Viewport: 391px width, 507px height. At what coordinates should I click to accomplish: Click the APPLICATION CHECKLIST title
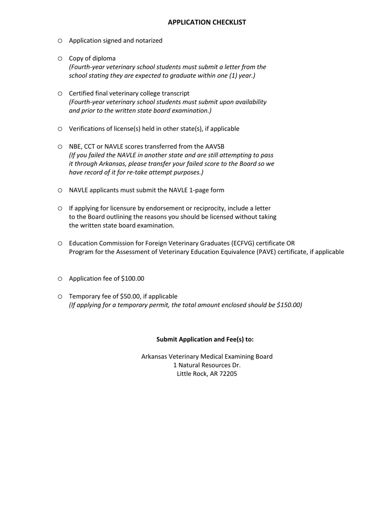207,22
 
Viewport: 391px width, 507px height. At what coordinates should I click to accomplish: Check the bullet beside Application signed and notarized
60,40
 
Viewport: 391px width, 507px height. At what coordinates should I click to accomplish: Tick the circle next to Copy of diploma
60,58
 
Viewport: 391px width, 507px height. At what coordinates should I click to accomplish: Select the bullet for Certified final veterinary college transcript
60,94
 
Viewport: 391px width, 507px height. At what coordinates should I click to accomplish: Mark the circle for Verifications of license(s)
60,129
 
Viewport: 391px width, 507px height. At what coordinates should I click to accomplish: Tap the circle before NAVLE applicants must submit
60,190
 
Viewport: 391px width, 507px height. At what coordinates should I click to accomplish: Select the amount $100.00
132,279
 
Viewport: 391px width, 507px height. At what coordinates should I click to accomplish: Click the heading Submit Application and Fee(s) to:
205,339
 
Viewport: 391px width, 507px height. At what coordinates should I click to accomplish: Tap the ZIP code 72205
228,374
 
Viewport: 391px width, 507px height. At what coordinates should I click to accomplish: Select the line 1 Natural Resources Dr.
207,365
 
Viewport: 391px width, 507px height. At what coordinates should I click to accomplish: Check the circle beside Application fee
60,279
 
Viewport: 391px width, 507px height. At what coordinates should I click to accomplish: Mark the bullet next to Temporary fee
60,296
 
